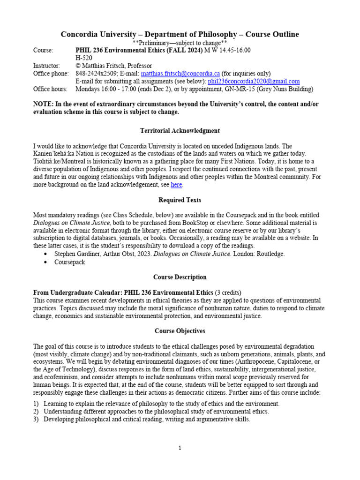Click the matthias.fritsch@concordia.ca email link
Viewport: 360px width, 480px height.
click(x=180, y=74)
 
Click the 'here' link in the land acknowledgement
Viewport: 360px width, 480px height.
click(x=176, y=185)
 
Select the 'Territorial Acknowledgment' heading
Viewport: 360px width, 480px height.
click(x=180, y=131)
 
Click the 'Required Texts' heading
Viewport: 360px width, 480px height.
click(x=180, y=200)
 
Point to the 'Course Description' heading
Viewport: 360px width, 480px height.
click(x=180, y=277)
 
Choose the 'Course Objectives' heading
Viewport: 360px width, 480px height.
click(x=180, y=331)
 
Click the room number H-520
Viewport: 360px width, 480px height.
click(x=84, y=58)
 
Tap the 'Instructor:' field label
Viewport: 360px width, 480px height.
click(x=46, y=66)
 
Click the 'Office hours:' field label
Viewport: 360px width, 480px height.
click(x=49, y=89)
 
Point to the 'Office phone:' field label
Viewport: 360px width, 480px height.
click(x=51, y=74)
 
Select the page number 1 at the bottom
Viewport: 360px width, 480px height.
click(x=180, y=448)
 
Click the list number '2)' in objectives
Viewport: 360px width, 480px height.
click(x=36, y=412)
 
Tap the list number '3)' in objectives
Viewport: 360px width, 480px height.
click(x=36, y=420)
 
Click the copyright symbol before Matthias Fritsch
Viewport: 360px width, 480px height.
click(x=78, y=66)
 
